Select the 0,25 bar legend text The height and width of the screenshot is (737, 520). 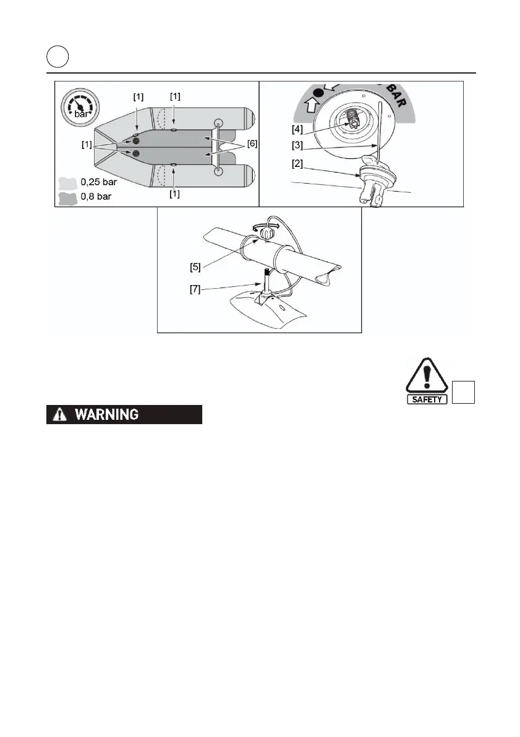coord(96,183)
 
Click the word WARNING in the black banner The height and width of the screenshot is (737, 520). coord(107,415)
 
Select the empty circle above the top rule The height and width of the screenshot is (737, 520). coord(58,58)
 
